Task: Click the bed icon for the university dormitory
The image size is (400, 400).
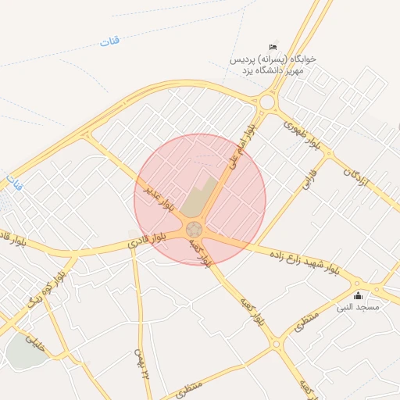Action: (x=273, y=48)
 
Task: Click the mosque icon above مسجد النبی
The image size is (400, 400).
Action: (x=359, y=295)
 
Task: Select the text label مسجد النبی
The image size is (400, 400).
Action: (x=358, y=307)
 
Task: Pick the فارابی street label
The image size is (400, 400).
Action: (x=307, y=182)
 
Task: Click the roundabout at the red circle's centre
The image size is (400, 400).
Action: (x=195, y=230)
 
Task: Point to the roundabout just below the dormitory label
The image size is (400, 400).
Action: (x=268, y=102)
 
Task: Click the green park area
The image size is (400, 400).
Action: (x=25, y=353)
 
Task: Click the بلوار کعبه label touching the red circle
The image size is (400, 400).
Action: (x=200, y=253)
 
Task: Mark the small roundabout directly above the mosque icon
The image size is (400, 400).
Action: (x=357, y=284)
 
